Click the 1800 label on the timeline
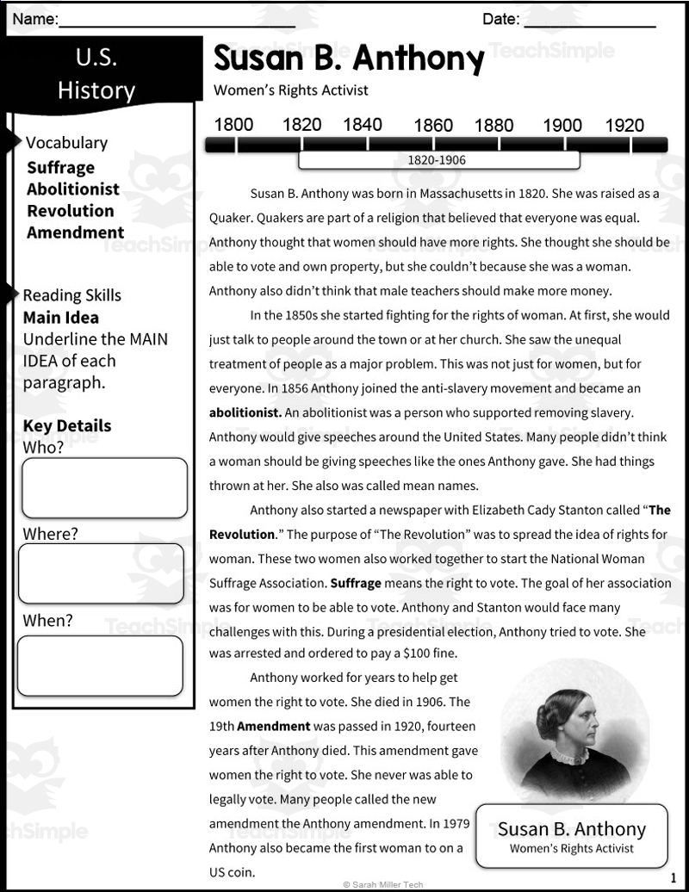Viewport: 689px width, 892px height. pyautogui.click(x=233, y=125)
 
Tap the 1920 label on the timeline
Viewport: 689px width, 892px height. pyautogui.click(x=624, y=125)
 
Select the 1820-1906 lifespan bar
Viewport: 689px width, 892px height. pyautogui.click(x=438, y=160)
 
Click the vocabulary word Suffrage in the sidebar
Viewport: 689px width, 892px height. pyautogui.click(x=60, y=168)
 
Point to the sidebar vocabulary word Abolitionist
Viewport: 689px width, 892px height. pyautogui.click(x=73, y=189)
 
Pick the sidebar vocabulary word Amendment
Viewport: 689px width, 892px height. pyautogui.click(x=75, y=232)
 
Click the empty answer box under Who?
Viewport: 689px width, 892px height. pyautogui.click(x=104, y=488)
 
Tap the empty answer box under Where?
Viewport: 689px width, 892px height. pyautogui.click(x=101, y=573)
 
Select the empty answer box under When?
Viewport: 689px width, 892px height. pyautogui.click(x=101, y=666)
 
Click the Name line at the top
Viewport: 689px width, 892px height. pyautogui.click(x=177, y=21)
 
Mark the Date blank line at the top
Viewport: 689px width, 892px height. pyautogui.click(x=589, y=21)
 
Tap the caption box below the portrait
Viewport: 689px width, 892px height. pyautogui.click(x=571, y=835)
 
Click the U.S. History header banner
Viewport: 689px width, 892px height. pyautogui.click(x=96, y=74)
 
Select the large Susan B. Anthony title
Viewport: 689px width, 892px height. pyautogui.click(x=349, y=59)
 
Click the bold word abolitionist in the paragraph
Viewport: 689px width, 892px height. pyautogui.click(x=245, y=412)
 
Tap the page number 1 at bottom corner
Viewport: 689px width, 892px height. pyautogui.click(x=673, y=878)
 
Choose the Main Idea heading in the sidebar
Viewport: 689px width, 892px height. pyautogui.click(x=60, y=318)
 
